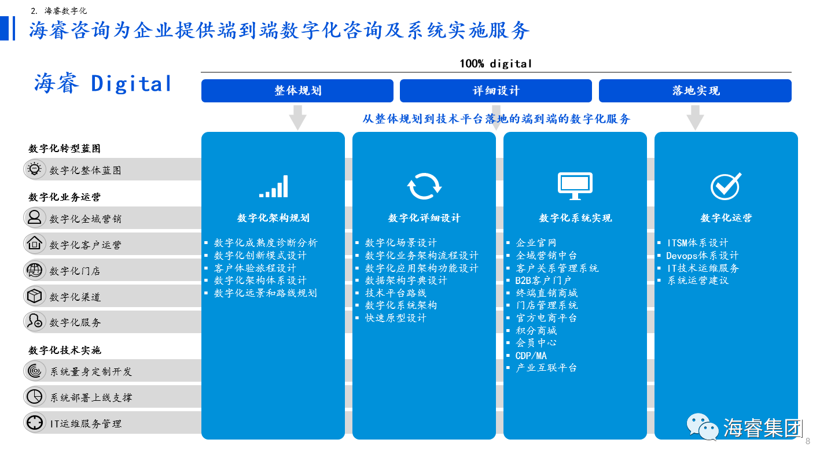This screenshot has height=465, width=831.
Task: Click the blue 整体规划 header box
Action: (x=297, y=90)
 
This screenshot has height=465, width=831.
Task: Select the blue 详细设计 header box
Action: (x=495, y=90)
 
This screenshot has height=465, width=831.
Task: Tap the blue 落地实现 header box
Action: (x=695, y=90)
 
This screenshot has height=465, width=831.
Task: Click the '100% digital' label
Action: (x=495, y=64)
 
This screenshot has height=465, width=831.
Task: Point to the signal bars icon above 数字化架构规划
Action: (x=274, y=186)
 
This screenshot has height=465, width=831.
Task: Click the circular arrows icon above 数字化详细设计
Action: (x=424, y=186)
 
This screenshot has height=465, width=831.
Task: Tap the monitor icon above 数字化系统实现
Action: (x=575, y=186)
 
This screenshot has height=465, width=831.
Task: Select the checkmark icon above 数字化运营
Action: (x=726, y=186)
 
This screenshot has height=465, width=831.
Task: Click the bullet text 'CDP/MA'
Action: (x=531, y=356)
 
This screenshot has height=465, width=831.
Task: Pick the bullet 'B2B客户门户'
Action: (x=543, y=281)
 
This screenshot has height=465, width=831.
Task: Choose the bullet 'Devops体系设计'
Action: (x=703, y=256)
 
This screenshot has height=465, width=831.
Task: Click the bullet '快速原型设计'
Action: (x=395, y=318)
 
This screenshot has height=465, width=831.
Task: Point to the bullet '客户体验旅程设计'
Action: (x=255, y=268)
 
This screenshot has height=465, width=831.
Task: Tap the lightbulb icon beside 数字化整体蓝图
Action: (x=35, y=169)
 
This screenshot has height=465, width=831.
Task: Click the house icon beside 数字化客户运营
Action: (x=35, y=243)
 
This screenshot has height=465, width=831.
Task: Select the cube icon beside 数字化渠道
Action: (x=35, y=296)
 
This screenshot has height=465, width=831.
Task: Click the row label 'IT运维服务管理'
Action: (x=86, y=423)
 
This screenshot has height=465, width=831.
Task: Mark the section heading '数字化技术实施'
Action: (x=65, y=350)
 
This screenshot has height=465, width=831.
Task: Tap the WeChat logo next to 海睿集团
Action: (x=703, y=427)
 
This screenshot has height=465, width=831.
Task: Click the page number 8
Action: (x=808, y=441)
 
